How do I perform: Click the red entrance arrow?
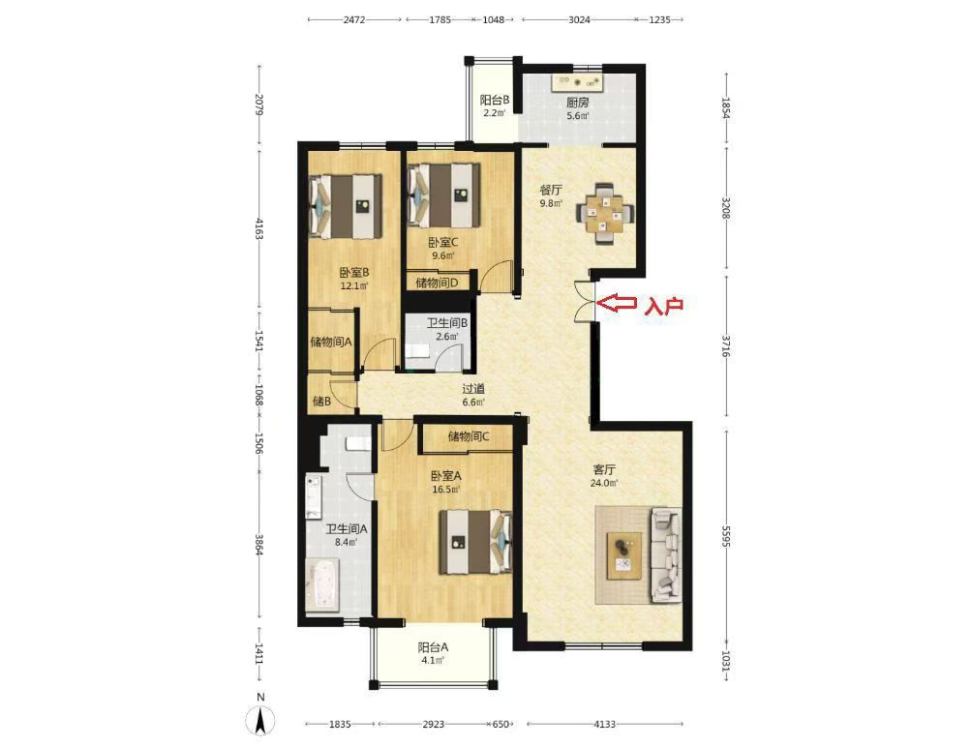[617, 303]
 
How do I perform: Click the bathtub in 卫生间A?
[322, 584]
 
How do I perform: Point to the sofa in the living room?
[666, 555]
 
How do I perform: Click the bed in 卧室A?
[476, 542]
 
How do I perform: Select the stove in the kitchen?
[578, 81]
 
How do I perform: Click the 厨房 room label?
[577, 103]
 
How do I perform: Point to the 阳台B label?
[495, 100]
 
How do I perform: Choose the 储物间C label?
[469, 436]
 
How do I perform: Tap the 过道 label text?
[473, 389]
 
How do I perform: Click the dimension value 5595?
[726, 536]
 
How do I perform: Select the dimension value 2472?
[354, 19]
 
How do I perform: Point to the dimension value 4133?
[604, 724]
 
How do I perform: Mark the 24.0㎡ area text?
[604, 483]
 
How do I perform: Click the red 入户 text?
[664, 306]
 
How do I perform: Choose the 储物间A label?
[331, 342]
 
